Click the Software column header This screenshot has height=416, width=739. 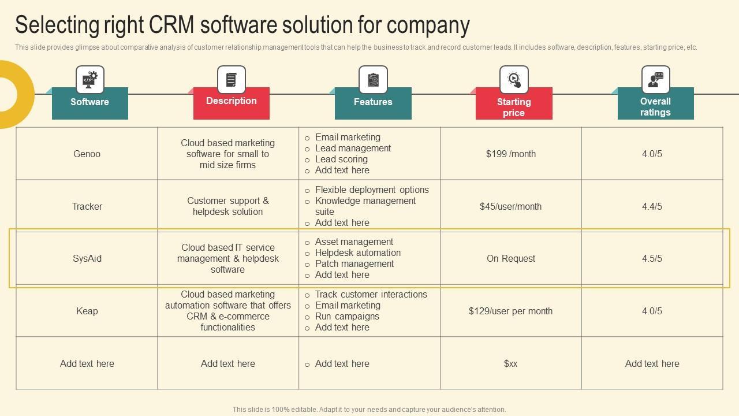89,102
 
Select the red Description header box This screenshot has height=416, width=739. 231,102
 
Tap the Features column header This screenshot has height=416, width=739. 373,102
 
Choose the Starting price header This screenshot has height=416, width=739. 514,106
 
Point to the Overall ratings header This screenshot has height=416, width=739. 655,106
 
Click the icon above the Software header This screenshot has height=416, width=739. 89,79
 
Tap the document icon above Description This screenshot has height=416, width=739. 231,79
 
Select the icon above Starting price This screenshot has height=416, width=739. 514,79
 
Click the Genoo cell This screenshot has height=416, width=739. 87,154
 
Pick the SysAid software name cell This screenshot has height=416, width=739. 87,258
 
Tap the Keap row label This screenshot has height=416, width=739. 87,311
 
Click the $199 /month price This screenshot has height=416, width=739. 510,154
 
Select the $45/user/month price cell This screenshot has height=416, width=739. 510,206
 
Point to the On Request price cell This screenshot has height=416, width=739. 510,258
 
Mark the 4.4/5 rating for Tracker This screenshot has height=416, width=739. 652,206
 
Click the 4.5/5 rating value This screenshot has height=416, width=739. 652,258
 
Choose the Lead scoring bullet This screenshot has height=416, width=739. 341,159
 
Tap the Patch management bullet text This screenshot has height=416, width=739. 354,263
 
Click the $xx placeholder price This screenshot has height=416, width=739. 510,363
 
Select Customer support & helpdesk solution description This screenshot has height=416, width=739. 227,206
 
